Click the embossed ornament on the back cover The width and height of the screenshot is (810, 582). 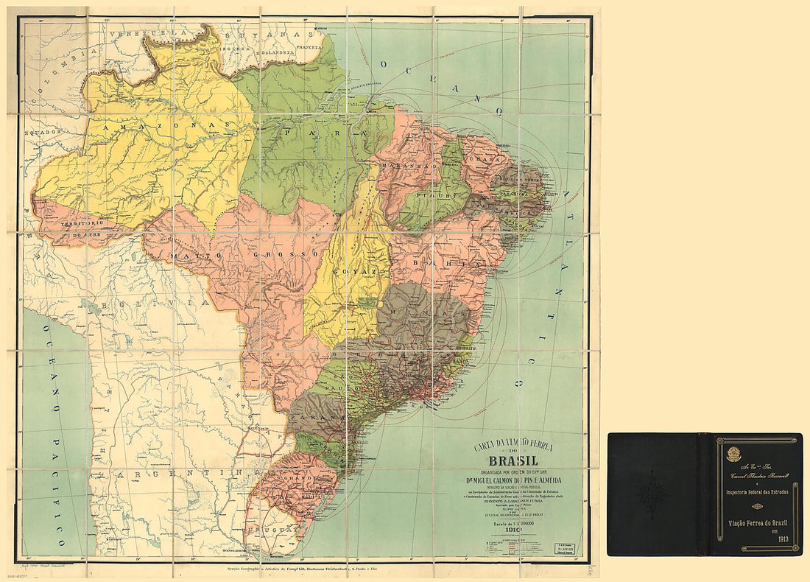(x=652, y=494)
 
